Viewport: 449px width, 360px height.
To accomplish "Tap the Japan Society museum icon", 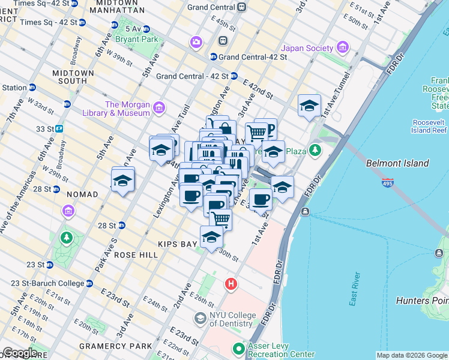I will [343, 47].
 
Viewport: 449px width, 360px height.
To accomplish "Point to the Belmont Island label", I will [397, 163].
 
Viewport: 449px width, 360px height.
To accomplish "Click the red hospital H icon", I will [230, 284].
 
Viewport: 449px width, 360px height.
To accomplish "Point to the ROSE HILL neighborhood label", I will [136, 255].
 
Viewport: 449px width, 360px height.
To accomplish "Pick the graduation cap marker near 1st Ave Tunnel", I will [309, 106].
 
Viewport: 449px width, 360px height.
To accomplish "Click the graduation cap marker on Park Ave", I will [122, 179].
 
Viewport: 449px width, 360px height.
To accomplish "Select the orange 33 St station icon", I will [59, 128].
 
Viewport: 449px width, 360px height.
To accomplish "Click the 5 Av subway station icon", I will [115, 25].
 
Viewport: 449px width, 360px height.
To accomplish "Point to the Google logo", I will [20, 353].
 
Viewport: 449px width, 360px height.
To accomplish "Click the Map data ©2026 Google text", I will [411, 355].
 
